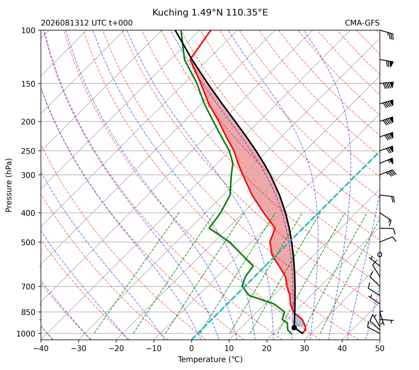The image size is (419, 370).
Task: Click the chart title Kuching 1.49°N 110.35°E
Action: pyautogui.click(x=210, y=12)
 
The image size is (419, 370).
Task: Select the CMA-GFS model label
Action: pyautogui.click(x=362, y=23)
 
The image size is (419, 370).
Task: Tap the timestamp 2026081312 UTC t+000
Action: pyautogui.click(x=87, y=23)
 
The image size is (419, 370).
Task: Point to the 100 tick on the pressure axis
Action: pyautogui.click(x=28, y=31)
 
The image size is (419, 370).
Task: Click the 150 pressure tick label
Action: pyautogui.click(x=28, y=84)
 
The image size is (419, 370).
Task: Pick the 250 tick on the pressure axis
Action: pyautogui.click(x=28, y=151)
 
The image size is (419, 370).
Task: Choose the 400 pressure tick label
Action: pyautogui.click(x=28, y=213)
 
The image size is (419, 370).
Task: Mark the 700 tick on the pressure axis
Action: pyautogui.click(x=28, y=287)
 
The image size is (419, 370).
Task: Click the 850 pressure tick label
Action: pyautogui.click(x=28, y=312)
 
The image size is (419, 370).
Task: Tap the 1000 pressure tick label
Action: pyautogui.click(x=26, y=333)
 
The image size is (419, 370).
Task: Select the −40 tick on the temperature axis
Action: pyautogui.click(x=41, y=349)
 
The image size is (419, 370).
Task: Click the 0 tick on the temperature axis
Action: pyautogui.click(x=191, y=349)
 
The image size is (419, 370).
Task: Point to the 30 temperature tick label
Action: pyautogui.click(x=305, y=349)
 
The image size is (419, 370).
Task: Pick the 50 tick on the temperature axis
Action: pyautogui.click(x=380, y=349)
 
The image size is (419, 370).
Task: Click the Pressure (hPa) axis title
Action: pyautogui.click(x=9, y=185)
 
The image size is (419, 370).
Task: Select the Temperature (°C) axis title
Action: pyautogui.click(x=210, y=359)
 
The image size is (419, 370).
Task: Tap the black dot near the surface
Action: pyautogui.click(x=294, y=328)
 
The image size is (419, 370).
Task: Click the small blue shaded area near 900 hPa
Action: pyautogui.click(x=299, y=322)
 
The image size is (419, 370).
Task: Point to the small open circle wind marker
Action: pyautogui.click(x=380, y=254)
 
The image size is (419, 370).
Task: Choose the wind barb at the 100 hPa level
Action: pyautogui.click(x=387, y=34)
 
